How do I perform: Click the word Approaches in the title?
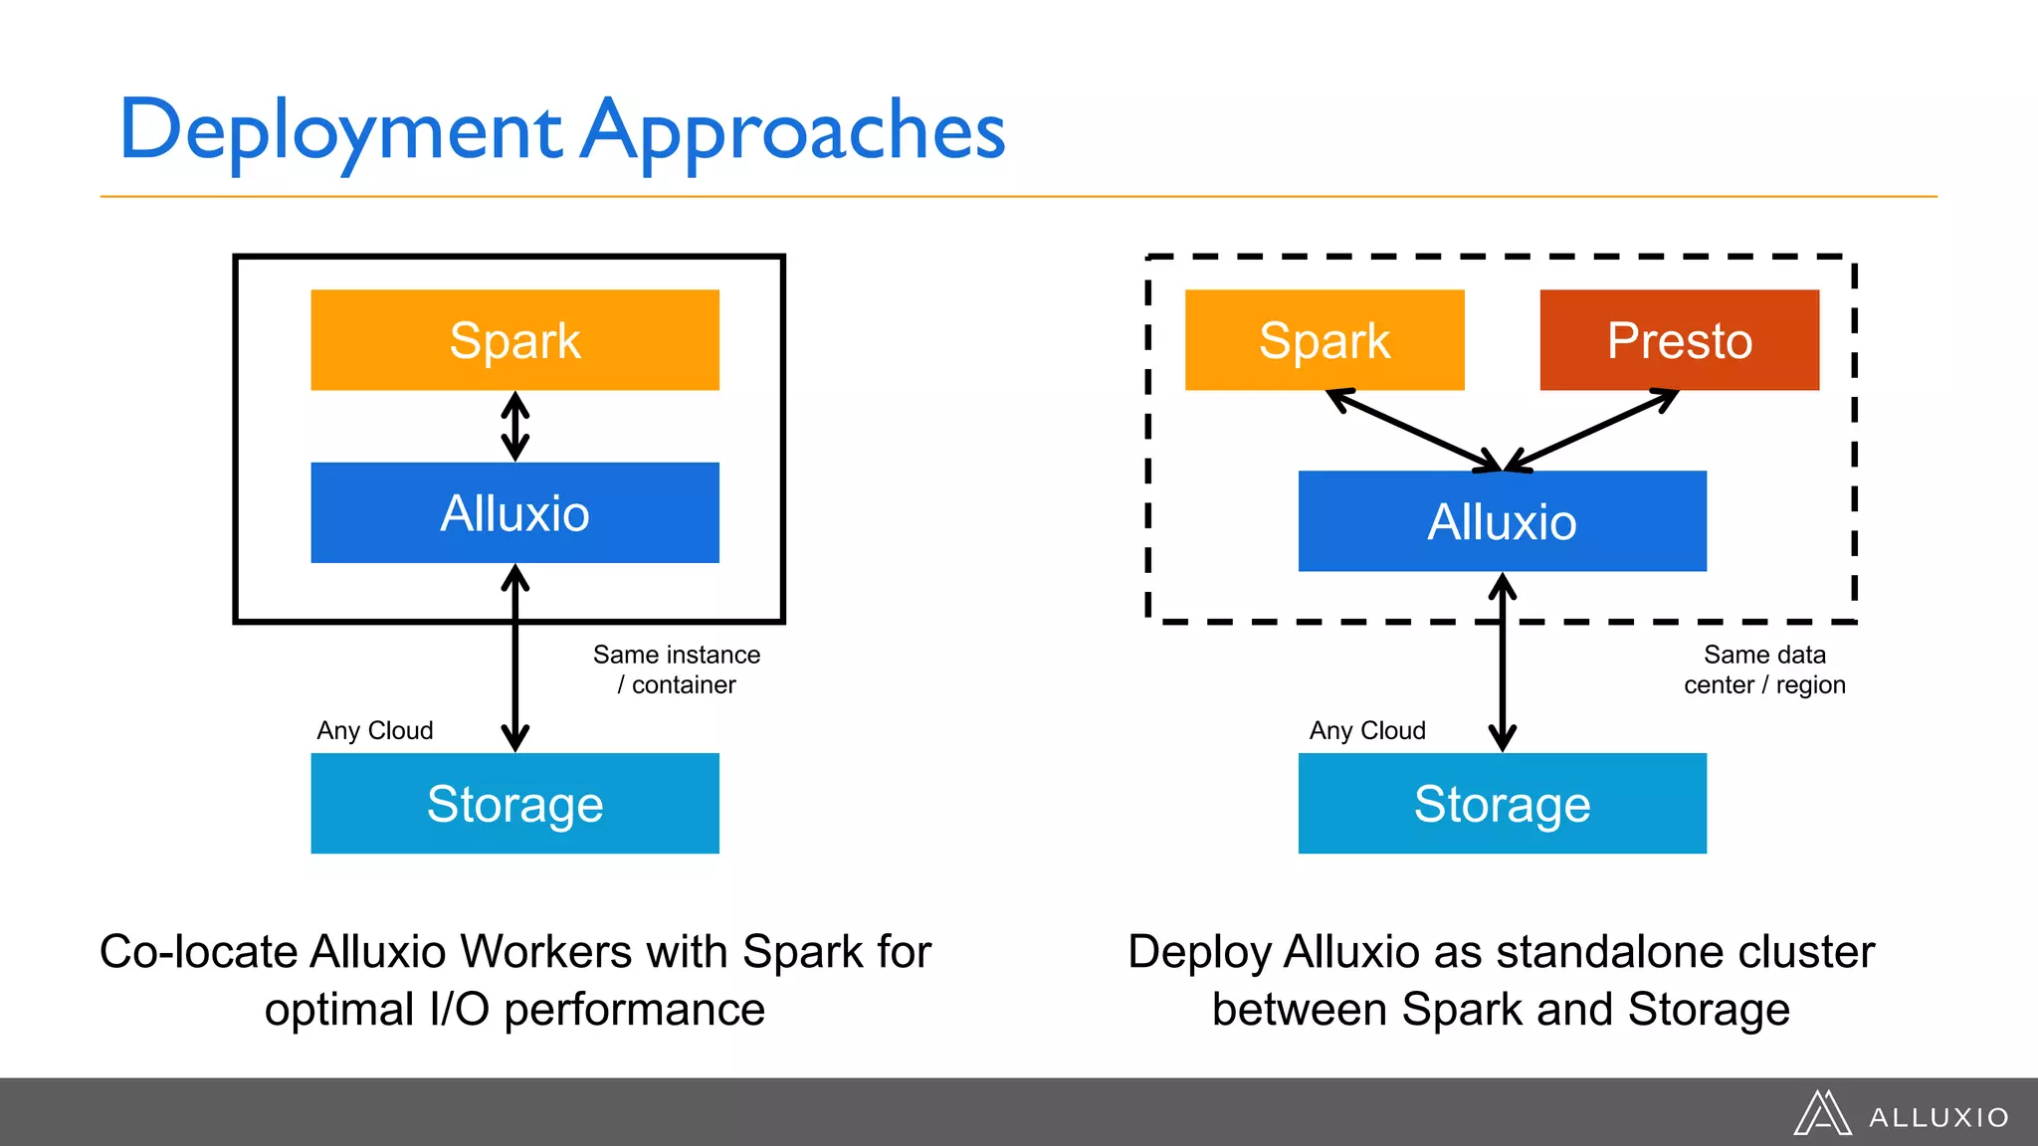tap(793, 131)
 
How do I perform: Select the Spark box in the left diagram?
tap(514, 340)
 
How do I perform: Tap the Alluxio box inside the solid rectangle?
tap(514, 513)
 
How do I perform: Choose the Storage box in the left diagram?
tap(514, 804)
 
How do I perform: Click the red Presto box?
tap(1679, 340)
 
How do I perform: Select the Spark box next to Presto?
tap(1325, 340)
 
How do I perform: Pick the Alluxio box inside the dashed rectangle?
tap(1502, 521)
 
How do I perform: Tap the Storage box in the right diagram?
tap(1502, 804)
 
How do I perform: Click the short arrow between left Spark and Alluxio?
tap(514, 427)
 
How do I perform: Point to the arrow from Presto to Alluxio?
tap(1592, 430)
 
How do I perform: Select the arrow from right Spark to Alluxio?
tap(1413, 430)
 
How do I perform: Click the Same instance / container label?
tap(677, 669)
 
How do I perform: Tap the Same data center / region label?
tap(1764, 669)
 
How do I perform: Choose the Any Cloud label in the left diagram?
tap(375, 731)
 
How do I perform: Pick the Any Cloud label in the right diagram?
tap(1367, 731)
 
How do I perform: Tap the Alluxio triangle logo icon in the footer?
tap(1821, 1113)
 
